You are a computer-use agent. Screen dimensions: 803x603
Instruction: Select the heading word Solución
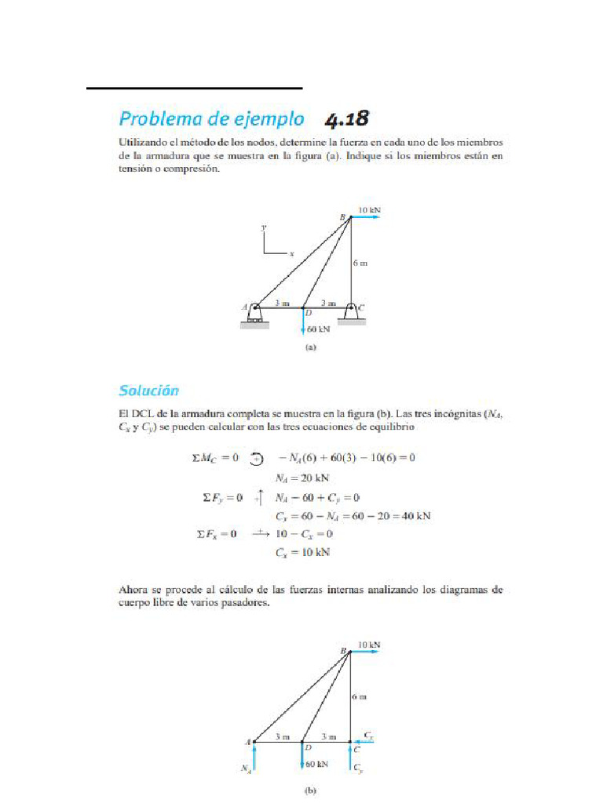tap(149, 390)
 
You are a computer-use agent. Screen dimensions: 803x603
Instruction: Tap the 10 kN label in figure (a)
tap(369, 210)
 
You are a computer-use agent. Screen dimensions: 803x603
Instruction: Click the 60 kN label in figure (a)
tap(319, 329)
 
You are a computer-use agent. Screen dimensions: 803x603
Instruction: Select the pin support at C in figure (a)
tap(351, 311)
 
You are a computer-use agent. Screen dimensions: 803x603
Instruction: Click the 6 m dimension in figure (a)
tap(360, 264)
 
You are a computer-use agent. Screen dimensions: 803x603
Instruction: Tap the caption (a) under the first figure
tap(309, 346)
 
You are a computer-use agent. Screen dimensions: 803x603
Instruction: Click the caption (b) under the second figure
tap(309, 791)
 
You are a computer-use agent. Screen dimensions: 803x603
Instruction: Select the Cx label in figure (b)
tap(368, 736)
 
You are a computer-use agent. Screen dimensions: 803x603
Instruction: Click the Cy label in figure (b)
tap(359, 769)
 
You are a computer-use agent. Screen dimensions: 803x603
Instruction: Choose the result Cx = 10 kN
tap(302, 551)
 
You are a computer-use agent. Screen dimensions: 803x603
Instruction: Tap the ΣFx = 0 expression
tap(217, 534)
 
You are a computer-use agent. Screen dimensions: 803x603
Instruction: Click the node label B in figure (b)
tap(342, 650)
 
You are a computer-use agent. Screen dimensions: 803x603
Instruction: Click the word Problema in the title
tap(168, 119)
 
